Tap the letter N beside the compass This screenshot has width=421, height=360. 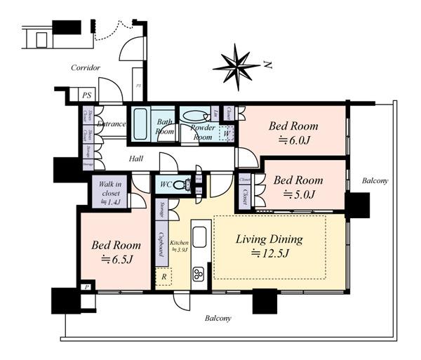point(268,65)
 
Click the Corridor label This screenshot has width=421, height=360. point(86,68)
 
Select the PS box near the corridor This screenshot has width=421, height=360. point(87,95)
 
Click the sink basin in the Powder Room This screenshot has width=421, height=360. point(192,115)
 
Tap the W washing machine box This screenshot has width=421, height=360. point(227,133)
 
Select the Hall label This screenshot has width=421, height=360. point(136,159)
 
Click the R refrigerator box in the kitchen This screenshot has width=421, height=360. point(163,276)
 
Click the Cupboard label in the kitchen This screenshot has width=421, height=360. point(161,244)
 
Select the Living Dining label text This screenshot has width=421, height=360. point(268,239)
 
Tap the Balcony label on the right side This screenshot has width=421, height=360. point(375,181)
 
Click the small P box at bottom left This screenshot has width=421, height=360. point(86,288)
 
